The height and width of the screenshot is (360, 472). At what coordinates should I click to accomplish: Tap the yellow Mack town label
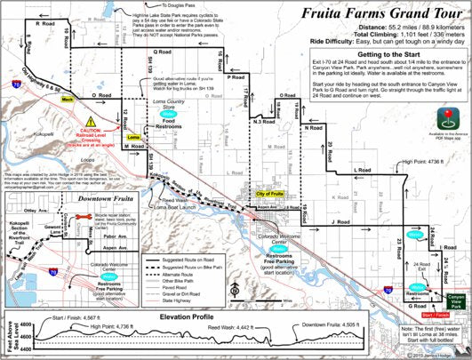coord(67,100)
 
